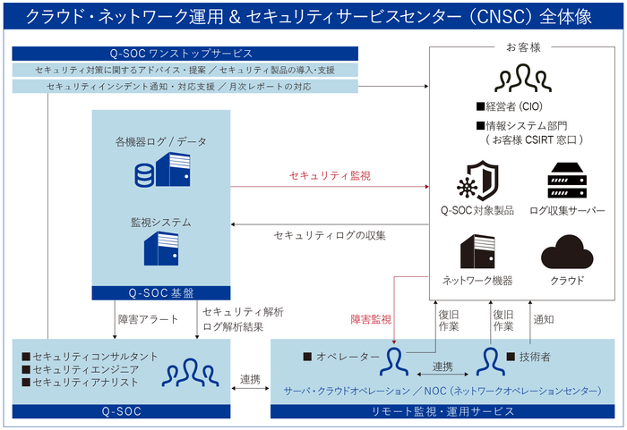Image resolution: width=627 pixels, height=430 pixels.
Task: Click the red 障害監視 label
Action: click(370, 318)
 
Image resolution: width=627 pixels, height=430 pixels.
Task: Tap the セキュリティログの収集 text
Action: click(329, 235)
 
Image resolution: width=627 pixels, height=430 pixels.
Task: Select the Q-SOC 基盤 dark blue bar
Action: click(161, 292)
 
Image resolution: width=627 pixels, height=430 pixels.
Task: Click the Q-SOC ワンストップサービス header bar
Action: click(185, 54)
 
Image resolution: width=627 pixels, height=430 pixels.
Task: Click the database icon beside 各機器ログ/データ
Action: click(144, 176)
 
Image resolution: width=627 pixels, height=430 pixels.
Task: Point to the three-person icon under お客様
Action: click(523, 80)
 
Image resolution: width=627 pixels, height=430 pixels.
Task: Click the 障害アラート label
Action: click(148, 318)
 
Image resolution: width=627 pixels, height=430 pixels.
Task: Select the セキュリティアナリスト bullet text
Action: click(85, 382)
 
